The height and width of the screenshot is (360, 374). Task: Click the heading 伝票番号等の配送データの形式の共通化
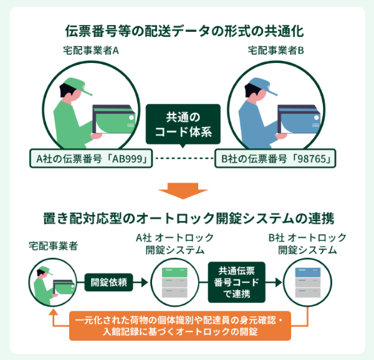tap(186, 30)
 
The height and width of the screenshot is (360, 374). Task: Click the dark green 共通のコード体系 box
tap(183, 125)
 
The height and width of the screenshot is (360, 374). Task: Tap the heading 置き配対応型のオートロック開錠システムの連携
tap(186, 219)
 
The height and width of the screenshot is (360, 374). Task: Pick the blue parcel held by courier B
tap(298, 120)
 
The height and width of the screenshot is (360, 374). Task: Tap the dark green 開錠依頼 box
tap(108, 282)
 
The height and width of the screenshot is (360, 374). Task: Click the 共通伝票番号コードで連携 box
tap(236, 282)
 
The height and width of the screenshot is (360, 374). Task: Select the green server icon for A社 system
tap(175, 282)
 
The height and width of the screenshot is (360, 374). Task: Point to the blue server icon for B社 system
tap(307, 282)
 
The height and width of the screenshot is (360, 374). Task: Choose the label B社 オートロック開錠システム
tap(307, 244)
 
